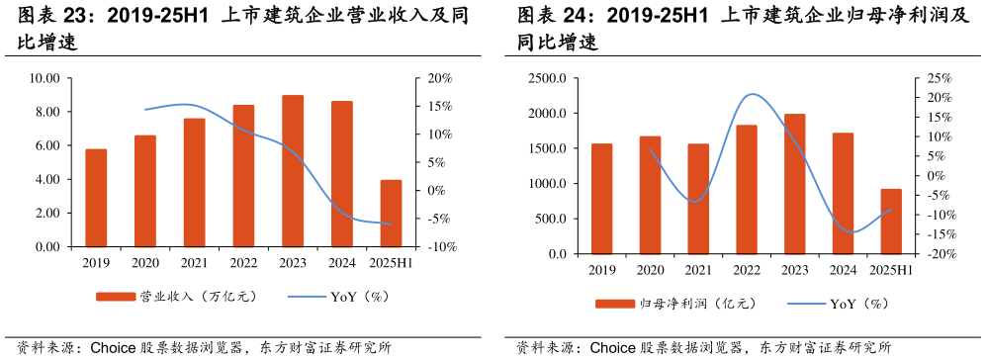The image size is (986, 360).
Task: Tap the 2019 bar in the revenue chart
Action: pos(96,198)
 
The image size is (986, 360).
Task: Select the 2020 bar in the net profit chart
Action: pos(650,195)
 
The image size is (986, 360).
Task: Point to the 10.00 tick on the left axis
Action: pos(45,78)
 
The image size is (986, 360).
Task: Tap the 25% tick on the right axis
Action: pos(940,78)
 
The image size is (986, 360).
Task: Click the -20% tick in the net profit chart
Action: pos(940,254)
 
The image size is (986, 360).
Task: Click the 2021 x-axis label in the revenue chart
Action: pos(194,263)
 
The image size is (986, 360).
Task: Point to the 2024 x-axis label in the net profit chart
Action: pos(843,270)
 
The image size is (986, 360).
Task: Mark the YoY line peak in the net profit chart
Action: pos(753,94)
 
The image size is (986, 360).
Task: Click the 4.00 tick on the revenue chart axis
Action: pos(46,180)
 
